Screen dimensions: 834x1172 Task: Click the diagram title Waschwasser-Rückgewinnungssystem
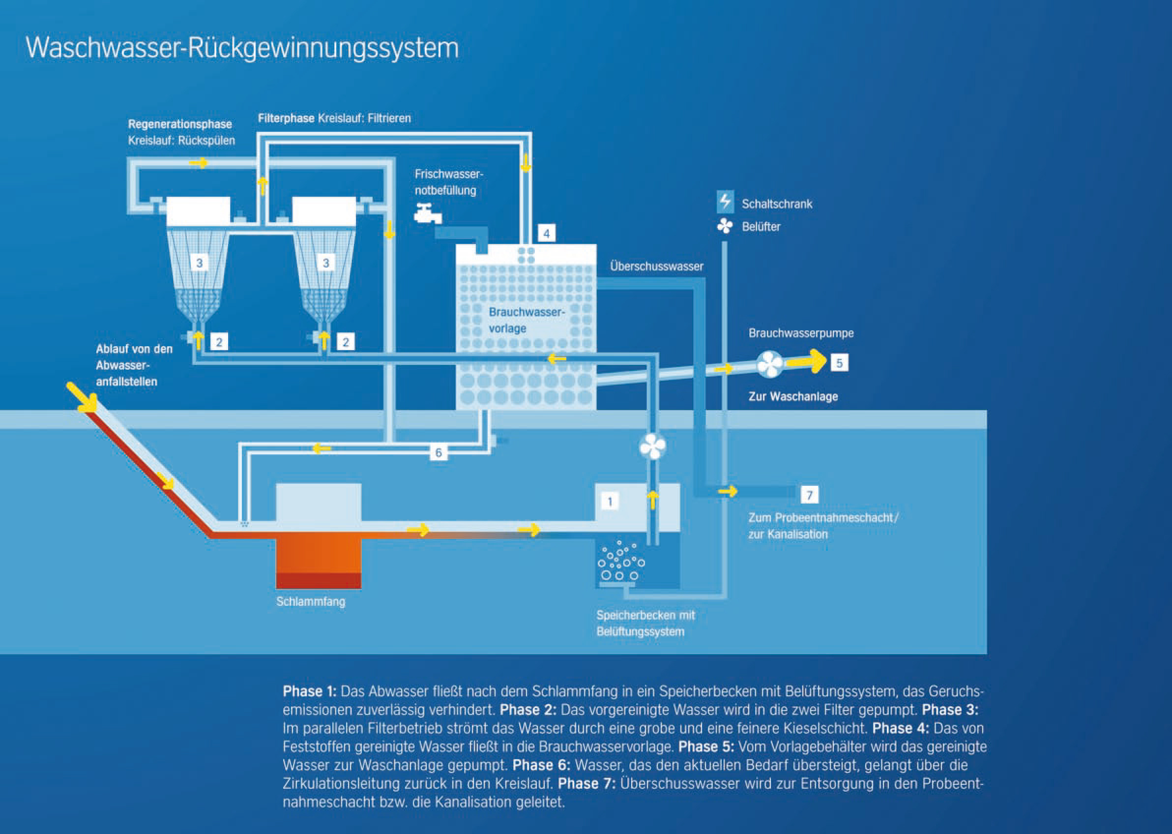[x=242, y=48]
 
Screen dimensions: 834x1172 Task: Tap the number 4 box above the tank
[x=546, y=234]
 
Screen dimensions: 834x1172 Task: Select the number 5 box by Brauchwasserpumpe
[x=839, y=363]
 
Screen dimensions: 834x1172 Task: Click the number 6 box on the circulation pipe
[x=438, y=452]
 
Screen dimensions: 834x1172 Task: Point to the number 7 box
[x=809, y=495]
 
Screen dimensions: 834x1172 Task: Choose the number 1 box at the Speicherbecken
[x=610, y=501]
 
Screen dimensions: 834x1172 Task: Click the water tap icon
[x=427, y=213]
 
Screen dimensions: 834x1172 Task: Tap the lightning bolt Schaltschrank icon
[x=725, y=201]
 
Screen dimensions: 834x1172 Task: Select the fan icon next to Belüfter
[x=725, y=226]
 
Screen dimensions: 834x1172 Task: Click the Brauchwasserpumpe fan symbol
[x=769, y=364]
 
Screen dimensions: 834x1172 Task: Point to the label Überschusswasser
[x=656, y=267]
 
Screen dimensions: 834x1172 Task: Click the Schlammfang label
[x=311, y=601]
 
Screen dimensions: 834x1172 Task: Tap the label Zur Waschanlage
[x=792, y=396]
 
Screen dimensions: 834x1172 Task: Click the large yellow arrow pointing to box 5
[x=806, y=360]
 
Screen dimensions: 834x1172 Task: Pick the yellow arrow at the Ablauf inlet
[x=82, y=397]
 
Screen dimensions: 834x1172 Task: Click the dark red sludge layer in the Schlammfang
[x=318, y=580]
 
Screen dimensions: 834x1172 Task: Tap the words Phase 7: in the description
[x=586, y=784]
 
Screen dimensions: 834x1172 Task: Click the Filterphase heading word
[x=286, y=119]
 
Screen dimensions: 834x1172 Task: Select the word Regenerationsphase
[x=179, y=124]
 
